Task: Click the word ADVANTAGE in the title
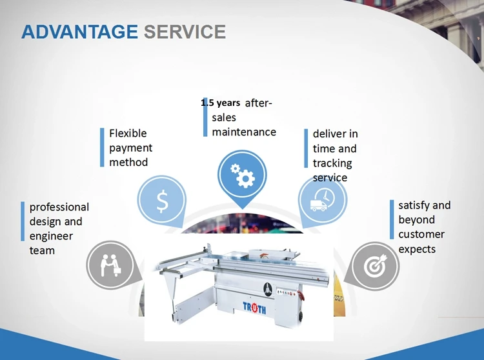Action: pyautogui.click(x=79, y=32)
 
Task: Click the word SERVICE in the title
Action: pyautogui.click(x=185, y=32)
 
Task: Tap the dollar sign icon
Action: pyautogui.click(x=162, y=201)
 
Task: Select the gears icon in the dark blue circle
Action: pyautogui.click(x=242, y=175)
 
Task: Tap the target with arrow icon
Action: pyautogui.click(x=376, y=265)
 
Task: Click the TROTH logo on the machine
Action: pyautogui.click(x=254, y=307)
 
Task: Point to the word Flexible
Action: pyautogui.click(x=128, y=134)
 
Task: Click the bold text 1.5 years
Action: pyautogui.click(x=221, y=103)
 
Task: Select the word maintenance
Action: pyautogui.click(x=244, y=132)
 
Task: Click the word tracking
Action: pyautogui.click(x=332, y=163)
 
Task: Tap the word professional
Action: pyautogui.click(x=59, y=207)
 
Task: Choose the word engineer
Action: pyautogui.click(x=51, y=236)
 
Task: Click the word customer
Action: pyautogui.click(x=421, y=234)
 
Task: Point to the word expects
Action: pyautogui.click(x=417, y=249)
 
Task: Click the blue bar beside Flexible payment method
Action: pyautogui.click(x=102, y=148)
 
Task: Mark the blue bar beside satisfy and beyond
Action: pyautogui.click(x=392, y=219)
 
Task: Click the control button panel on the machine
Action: pyautogui.click(x=287, y=292)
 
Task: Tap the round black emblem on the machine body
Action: pyautogui.click(x=268, y=289)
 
